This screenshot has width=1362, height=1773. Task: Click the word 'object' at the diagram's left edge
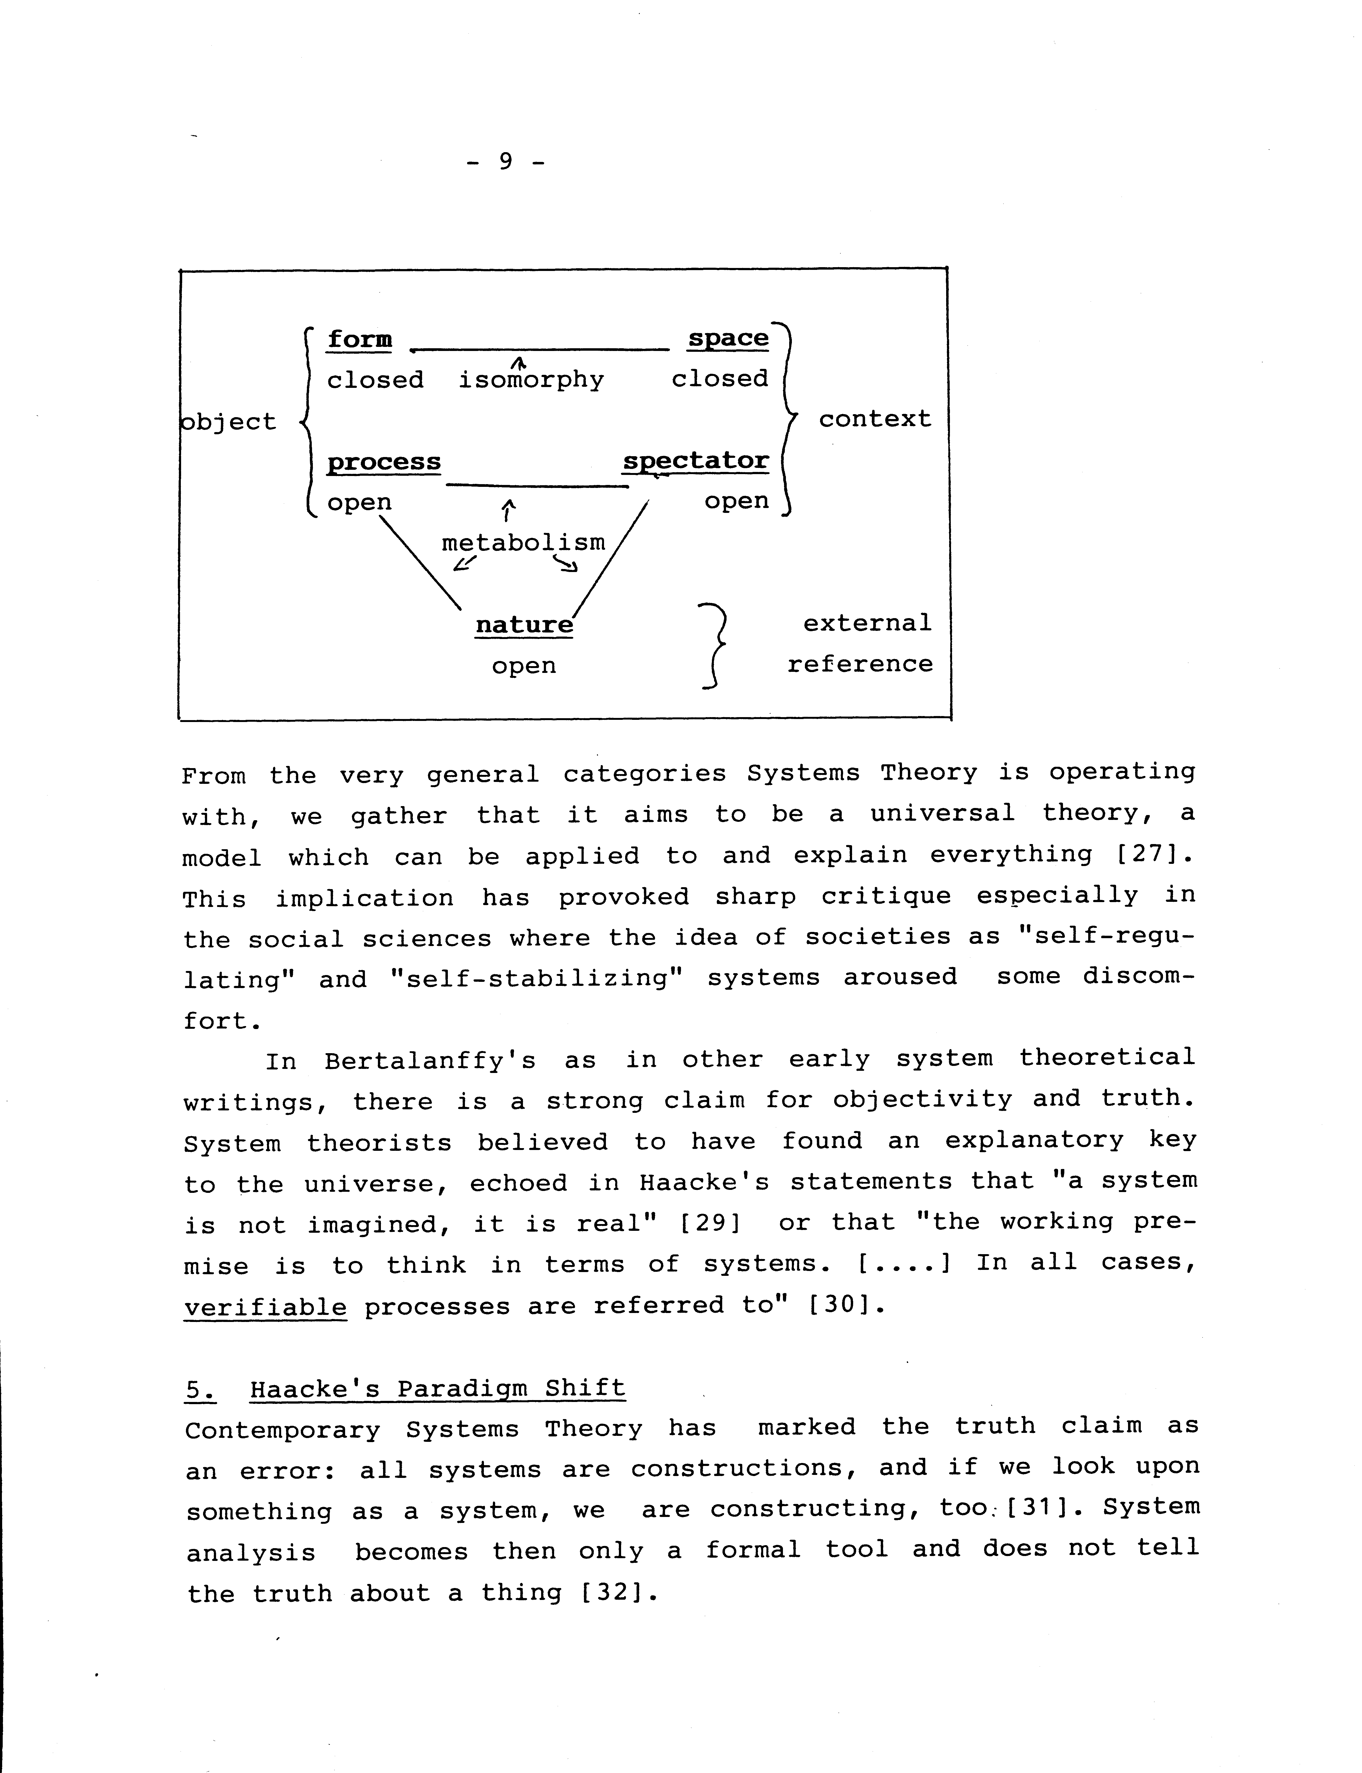tap(229, 422)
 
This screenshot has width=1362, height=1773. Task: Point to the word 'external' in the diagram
tap(868, 623)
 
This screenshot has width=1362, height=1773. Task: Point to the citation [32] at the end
tap(618, 1593)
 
